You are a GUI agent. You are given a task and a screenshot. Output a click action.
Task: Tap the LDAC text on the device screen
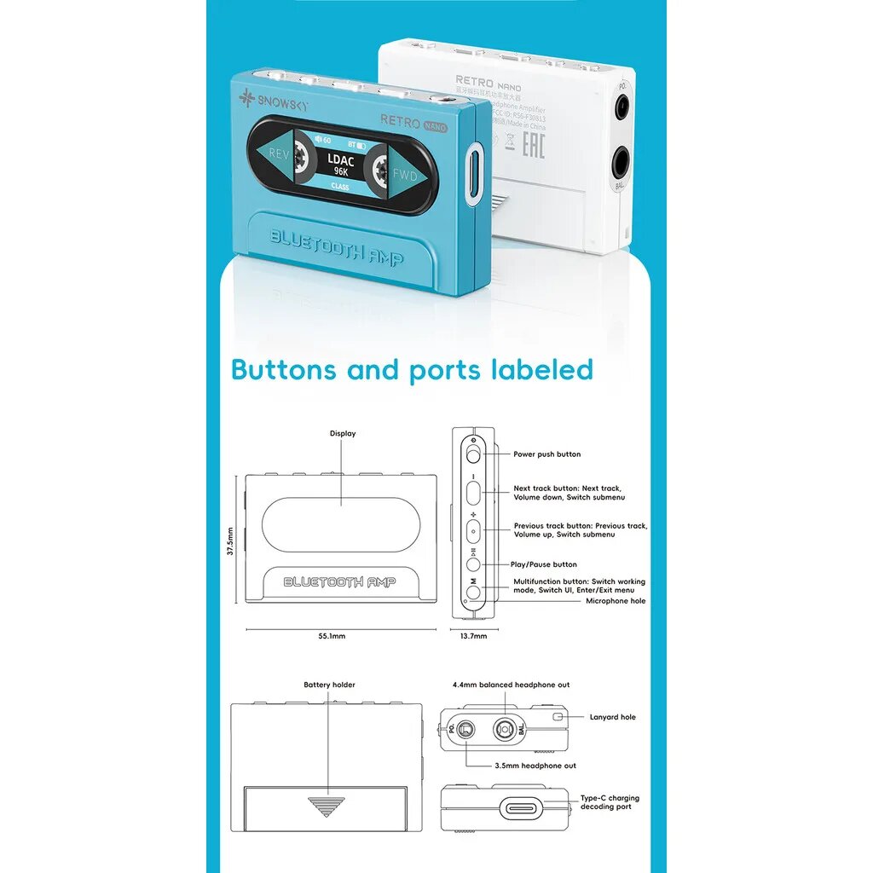341,159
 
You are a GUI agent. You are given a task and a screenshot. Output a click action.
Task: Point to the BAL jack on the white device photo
621,161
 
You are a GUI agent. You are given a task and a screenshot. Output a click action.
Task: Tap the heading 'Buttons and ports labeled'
412,370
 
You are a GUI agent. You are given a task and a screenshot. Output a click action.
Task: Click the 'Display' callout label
343,434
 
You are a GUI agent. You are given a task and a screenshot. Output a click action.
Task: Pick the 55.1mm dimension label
332,636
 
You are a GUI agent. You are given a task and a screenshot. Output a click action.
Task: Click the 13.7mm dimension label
474,636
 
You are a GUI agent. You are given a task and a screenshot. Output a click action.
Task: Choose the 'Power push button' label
546,454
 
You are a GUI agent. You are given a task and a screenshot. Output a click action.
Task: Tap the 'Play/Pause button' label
544,564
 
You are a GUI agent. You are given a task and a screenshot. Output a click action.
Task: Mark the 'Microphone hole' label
616,601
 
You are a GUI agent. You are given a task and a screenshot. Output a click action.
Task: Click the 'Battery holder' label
329,685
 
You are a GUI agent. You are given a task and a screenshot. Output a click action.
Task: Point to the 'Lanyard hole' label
612,717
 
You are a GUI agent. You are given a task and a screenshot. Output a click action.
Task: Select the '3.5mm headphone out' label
535,766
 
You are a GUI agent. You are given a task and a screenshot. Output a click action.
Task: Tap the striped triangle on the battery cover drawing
327,806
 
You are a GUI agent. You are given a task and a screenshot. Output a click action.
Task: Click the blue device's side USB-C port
475,175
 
